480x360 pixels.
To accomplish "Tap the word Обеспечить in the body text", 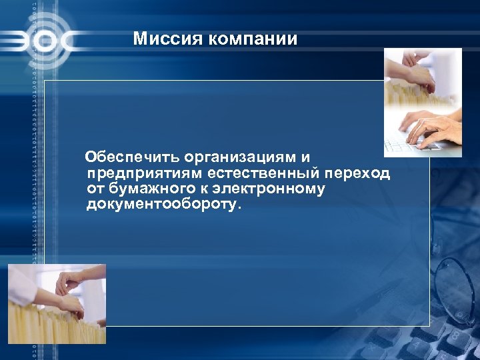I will pyautogui.click(x=133, y=158).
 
